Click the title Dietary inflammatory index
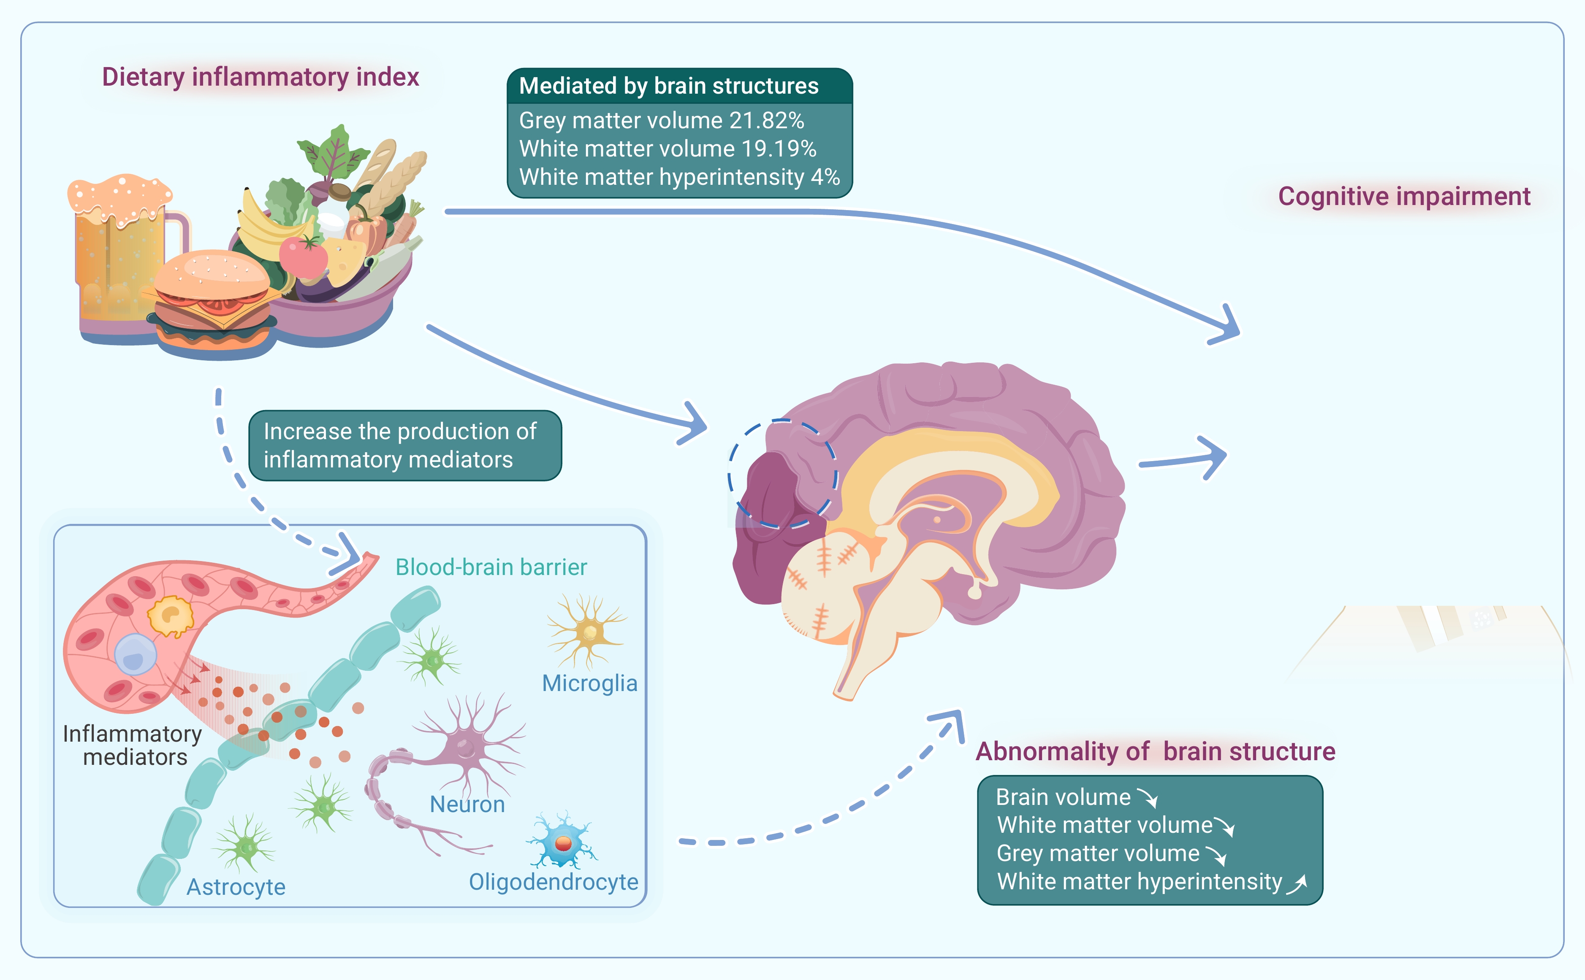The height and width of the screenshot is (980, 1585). point(260,77)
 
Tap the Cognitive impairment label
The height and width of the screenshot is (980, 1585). point(1404,197)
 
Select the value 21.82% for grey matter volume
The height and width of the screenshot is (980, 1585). point(767,121)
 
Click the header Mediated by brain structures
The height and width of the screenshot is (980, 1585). point(669,86)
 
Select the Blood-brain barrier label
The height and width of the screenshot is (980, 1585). point(491,567)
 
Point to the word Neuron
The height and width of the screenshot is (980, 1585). point(467,805)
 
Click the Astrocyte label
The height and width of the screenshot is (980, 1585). point(236,887)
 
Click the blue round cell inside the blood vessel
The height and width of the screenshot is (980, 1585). point(136,655)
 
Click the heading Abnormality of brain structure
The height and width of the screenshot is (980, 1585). point(1155,752)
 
